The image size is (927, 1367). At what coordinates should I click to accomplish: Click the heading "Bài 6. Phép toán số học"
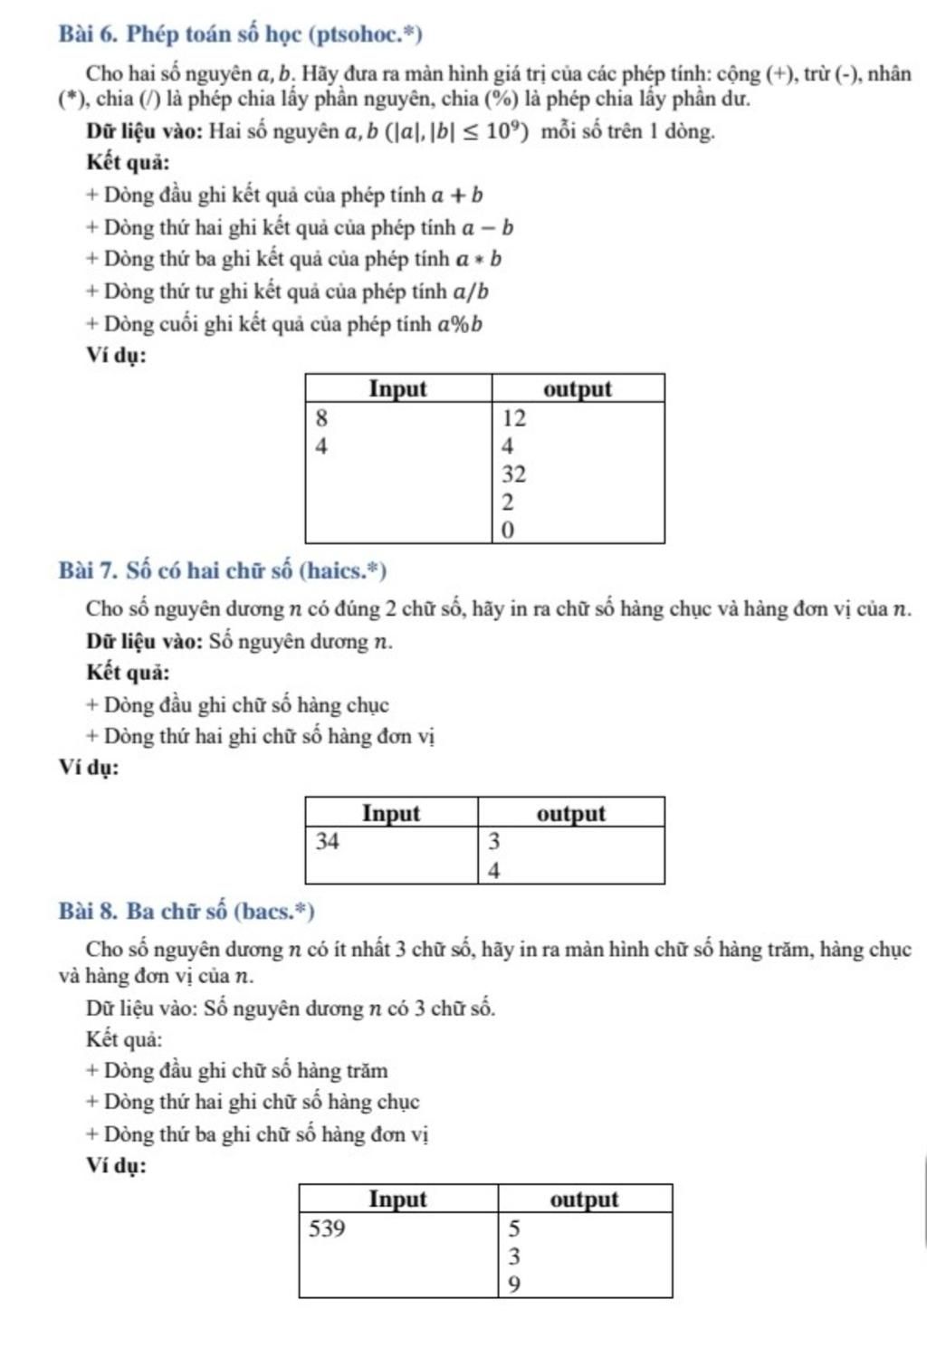(240, 34)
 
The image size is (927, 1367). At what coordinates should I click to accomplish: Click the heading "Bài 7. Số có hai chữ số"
(222, 571)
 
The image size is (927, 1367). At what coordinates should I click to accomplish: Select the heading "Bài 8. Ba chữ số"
(186, 911)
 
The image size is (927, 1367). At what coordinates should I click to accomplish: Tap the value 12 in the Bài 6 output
(513, 418)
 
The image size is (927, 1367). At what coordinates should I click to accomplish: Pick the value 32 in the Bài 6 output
(513, 474)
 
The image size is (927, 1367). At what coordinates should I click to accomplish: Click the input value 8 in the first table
(321, 418)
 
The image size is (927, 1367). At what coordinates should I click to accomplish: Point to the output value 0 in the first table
(507, 531)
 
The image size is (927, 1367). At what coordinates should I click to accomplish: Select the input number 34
(327, 841)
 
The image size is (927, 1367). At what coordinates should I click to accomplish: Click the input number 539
(327, 1228)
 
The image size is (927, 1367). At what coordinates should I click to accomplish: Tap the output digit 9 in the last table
(514, 1285)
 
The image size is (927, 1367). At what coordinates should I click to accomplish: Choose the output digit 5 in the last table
(514, 1228)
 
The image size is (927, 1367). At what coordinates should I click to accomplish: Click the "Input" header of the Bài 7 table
(391, 813)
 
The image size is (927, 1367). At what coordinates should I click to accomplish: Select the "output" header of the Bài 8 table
(584, 1200)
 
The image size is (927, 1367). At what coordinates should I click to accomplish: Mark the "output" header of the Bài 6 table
(578, 389)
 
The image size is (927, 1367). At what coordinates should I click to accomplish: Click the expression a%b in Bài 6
(460, 324)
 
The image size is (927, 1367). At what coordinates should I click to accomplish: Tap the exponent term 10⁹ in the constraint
(505, 131)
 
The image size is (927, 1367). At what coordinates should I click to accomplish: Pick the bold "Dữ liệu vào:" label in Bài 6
(144, 131)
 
